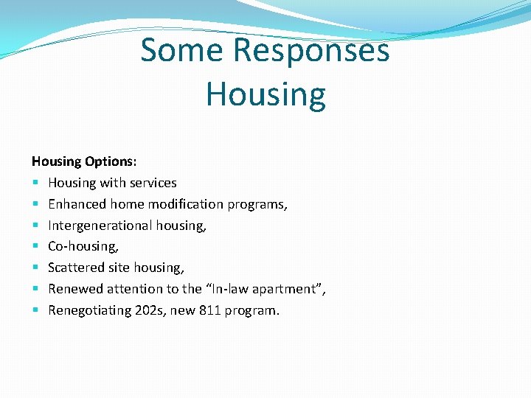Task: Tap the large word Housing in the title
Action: coord(265,94)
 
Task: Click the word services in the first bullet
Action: coord(153,182)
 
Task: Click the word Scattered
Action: coord(76,268)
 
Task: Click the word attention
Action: coord(133,289)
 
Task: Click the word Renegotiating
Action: coord(89,310)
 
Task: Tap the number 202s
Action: coord(151,310)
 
